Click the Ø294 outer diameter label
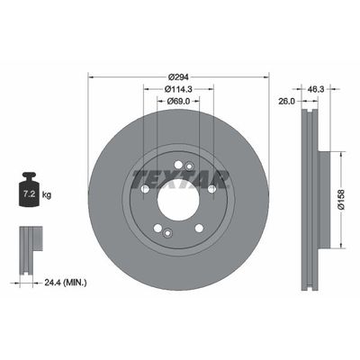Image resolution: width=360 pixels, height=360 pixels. (177, 75)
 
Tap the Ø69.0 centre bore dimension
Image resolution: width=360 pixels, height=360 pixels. (177, 101)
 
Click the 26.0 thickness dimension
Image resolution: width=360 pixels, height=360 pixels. (285, 101)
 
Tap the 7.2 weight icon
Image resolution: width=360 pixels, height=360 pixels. (28, 192)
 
